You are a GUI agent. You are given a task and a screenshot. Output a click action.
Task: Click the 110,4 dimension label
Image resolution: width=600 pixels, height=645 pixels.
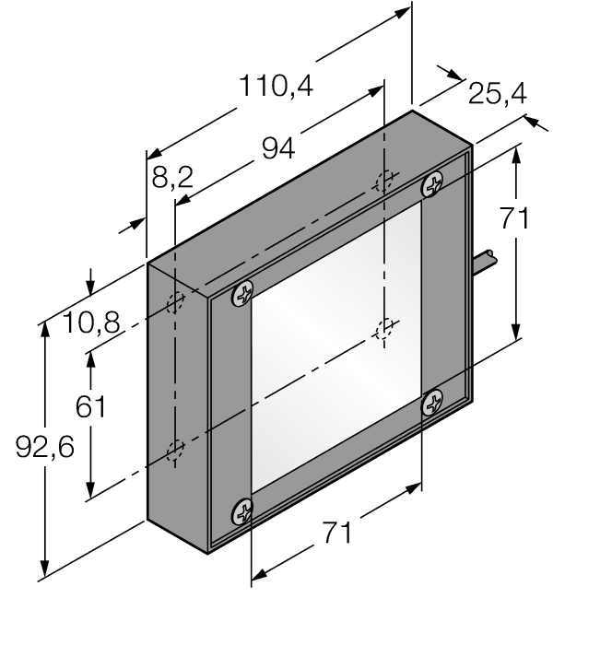[276, 86]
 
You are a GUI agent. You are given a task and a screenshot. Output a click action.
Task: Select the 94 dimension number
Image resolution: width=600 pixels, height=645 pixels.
[278, 147]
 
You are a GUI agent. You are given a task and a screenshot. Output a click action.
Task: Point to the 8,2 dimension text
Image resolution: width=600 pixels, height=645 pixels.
[171, 177]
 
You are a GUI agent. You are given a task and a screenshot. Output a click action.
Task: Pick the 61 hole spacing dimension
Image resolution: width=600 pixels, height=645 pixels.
[90, 406]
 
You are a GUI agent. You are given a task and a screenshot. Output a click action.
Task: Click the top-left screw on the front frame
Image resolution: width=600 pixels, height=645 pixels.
[242, 293]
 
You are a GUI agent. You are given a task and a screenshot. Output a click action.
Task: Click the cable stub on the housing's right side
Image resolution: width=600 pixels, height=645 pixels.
[485, 263]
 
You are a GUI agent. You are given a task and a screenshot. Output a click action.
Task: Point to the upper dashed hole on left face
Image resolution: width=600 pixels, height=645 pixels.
[174, 303]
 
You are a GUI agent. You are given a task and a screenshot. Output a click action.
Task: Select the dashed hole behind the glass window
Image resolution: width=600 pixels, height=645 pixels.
[384, 328]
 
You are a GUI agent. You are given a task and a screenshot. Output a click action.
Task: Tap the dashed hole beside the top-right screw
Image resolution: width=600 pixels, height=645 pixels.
[386, 181]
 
